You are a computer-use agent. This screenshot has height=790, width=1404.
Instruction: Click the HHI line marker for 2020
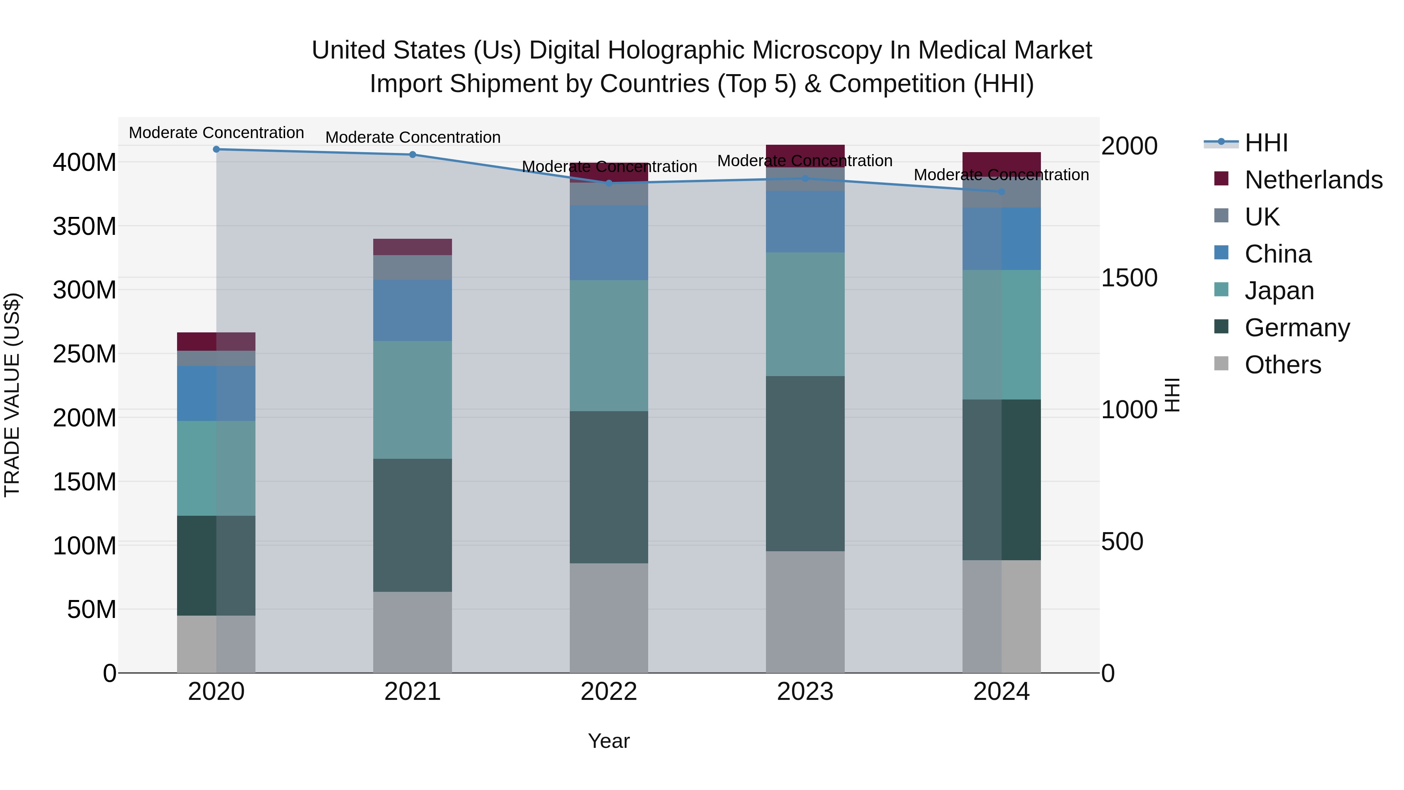(216, 149)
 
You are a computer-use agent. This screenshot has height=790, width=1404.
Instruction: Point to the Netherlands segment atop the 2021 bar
(413, 247)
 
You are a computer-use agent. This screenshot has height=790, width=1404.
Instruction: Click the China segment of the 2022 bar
(609, 243)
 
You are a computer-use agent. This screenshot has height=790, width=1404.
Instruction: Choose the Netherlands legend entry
(1313, 180)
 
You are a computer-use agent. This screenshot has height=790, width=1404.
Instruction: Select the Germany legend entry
(1297, 328)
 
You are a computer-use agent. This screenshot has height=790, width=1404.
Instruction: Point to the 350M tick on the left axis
(85, 226)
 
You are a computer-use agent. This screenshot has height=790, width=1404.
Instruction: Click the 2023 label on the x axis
(805, 692)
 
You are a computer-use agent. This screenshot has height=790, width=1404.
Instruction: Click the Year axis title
(609, 741)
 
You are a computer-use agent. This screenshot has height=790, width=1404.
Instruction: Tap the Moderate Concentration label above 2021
(413, 137)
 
